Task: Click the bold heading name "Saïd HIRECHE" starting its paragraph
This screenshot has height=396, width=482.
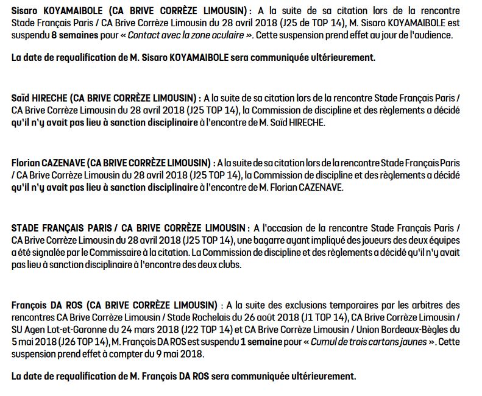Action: (x=39, y=98)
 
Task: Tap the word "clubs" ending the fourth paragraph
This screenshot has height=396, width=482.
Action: (x=229, y=264)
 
